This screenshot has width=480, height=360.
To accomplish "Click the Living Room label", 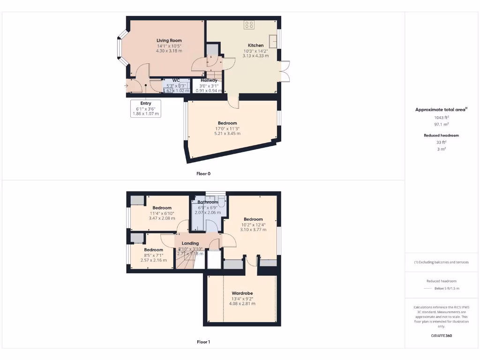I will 169,41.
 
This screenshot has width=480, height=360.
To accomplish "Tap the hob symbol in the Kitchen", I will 249,25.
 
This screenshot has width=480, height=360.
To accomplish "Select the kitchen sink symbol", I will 273,41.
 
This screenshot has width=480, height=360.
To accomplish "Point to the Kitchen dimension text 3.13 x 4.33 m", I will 255,56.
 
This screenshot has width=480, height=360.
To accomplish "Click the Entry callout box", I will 146,108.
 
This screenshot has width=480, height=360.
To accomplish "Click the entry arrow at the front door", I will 127,86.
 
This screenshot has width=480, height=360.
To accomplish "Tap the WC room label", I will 176,80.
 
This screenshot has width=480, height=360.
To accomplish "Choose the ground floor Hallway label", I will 209,81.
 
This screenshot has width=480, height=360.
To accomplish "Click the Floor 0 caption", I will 203,174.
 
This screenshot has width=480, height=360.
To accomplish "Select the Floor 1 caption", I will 203,342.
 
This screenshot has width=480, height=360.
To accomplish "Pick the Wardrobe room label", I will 242,293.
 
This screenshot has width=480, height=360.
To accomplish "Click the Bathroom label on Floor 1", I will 208,202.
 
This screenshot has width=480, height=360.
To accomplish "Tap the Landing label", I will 190,243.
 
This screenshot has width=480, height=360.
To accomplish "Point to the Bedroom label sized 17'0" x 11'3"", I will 227,123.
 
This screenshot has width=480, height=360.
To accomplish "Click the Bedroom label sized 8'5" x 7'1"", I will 154,250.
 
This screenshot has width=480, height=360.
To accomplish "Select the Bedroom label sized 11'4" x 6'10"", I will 162,208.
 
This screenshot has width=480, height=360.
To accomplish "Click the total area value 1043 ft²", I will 441,118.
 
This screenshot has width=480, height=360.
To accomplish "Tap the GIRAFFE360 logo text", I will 441,336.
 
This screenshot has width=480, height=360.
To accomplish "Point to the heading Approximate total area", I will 441,110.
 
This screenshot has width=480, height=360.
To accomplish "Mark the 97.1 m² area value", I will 441,125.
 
